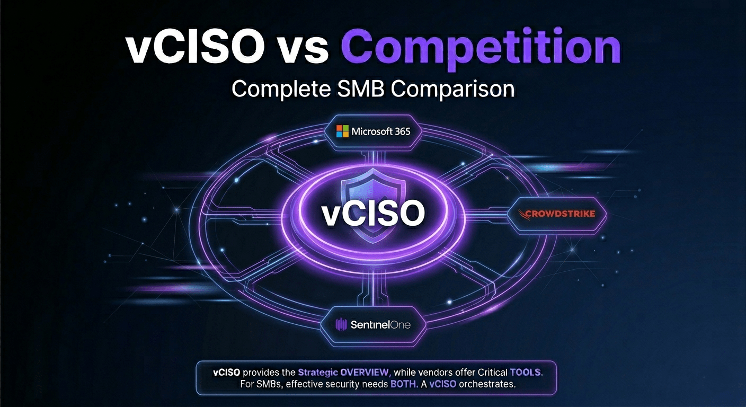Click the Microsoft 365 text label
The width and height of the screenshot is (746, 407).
coord(380,131)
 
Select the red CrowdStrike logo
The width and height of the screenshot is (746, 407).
coord(558,214)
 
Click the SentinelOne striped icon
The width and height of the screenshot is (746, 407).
coord(341,324)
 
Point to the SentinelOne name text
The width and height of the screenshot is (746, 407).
coord(380,324)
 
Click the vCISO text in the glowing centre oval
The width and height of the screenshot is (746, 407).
coord(373,214)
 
